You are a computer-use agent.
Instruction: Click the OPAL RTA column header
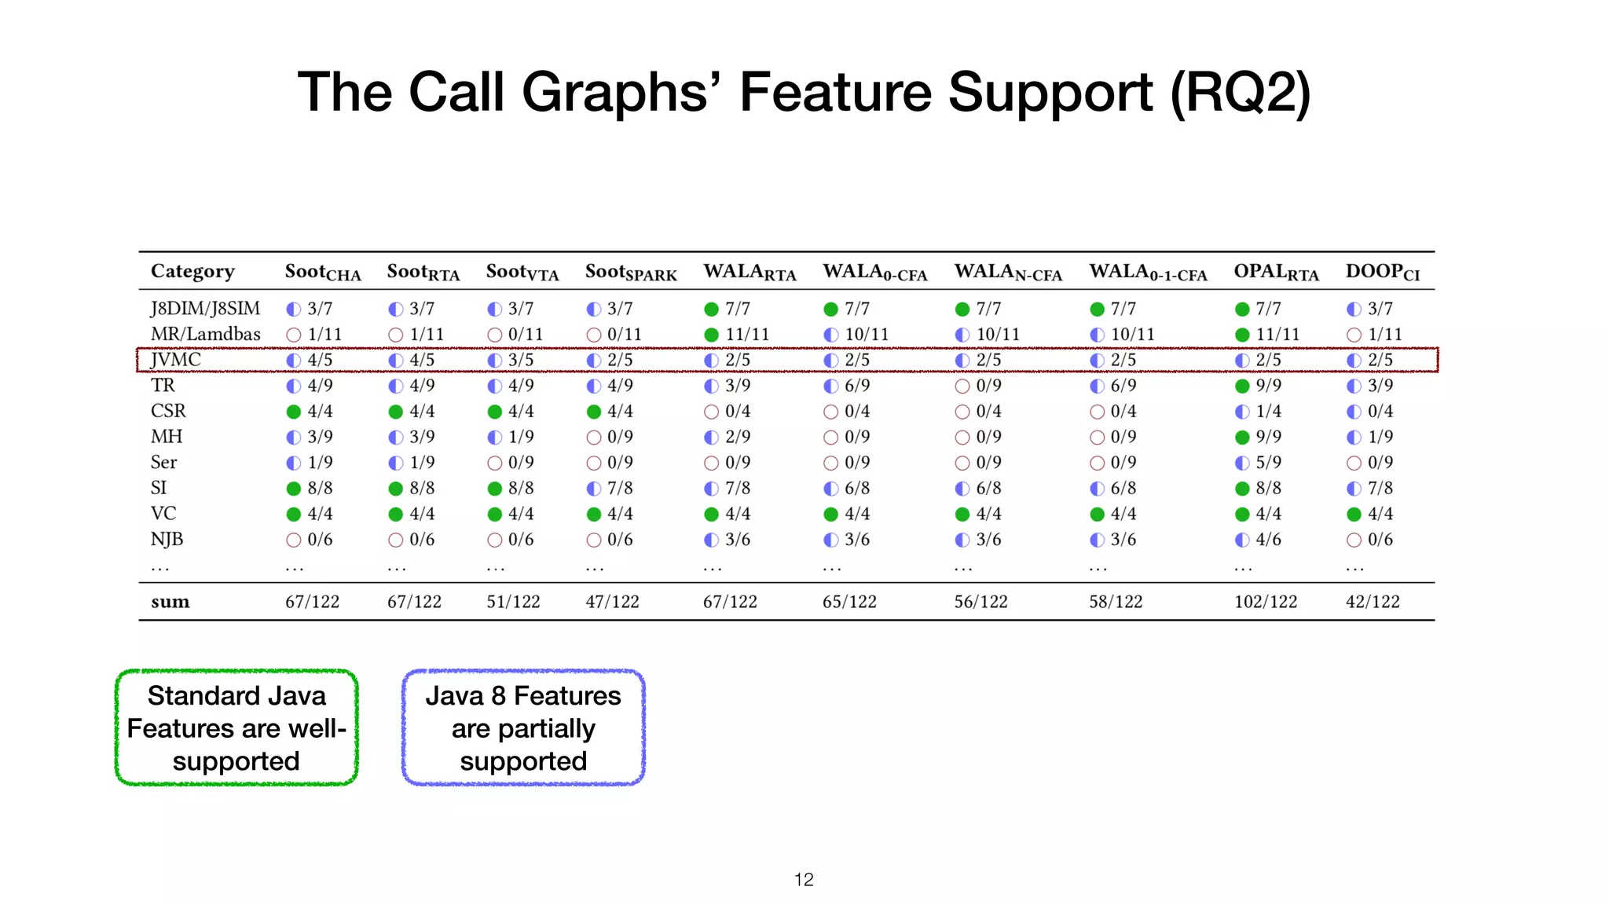coord(1276,272)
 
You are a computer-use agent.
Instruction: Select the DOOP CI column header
coord(1382,272)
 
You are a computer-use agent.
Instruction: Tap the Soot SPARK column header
coord(630,272)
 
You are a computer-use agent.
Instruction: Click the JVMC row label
coord(176,360)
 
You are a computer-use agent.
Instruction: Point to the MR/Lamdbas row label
coord(205,334)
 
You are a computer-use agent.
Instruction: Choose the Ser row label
coord(163,462)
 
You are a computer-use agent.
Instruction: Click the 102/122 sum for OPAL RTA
coord(1265,602)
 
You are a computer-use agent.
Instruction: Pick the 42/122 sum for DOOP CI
coord(1373,602)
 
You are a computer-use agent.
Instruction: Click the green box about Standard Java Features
coord(236,728)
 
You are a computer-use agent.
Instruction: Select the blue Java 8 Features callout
coord(523,728)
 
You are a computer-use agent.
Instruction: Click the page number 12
coord(804,880)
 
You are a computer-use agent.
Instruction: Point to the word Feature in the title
coord(837,92)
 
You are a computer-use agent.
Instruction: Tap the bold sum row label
coord(170,602)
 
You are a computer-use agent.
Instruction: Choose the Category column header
coord(192,271)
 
